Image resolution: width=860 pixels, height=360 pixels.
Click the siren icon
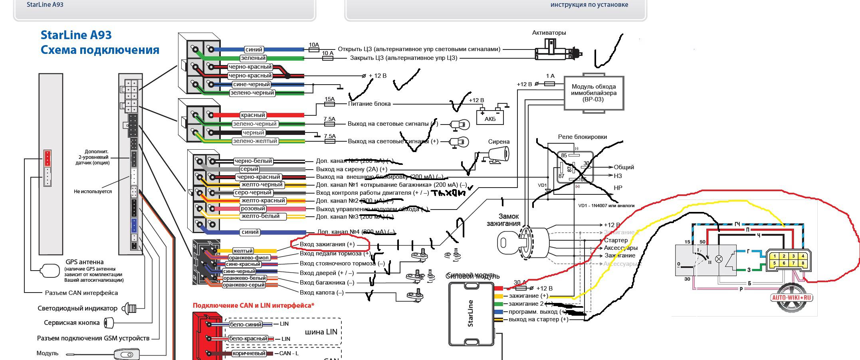pyautogui.click(x=497, y=154)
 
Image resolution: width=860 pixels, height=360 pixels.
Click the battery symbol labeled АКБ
pyautogui.click(x=490, y=116)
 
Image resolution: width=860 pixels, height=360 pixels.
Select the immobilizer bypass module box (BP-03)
pyautogui.click(x=593, y=93)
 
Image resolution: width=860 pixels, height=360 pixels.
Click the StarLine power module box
pyautogui.click(x=471, y=314)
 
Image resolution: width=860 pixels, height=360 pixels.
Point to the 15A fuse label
pyautogui.click(x=329, y=99)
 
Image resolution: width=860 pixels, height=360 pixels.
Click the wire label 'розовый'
pyautogui.click(x=253, y=209)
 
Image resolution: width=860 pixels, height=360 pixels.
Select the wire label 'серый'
pyautogui.click(x=249, y=169)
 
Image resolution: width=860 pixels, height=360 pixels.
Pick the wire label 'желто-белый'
pyautogui.click(x=260, y=216)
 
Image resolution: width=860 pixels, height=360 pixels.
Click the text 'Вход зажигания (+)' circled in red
pyautogui.click(x=327, y=244)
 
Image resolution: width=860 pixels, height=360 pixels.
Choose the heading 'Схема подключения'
pyautogui.click(x=100, y=50)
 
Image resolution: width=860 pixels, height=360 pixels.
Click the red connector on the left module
pyautogui.click(x=48, y=158)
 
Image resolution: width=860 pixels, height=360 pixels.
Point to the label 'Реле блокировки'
pyautogui.click(x=582, y=137)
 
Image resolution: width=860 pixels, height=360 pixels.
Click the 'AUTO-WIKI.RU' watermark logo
pyautogui.click(x=792, y=297)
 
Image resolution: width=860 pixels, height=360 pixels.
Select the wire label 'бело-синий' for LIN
pyautogui.click(x=246, y=324)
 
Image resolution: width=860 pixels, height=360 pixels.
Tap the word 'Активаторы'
pyautogui.click(x=549, y=33)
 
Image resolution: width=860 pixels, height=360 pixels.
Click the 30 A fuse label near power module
pyautogui.click(x=519, y=283)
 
